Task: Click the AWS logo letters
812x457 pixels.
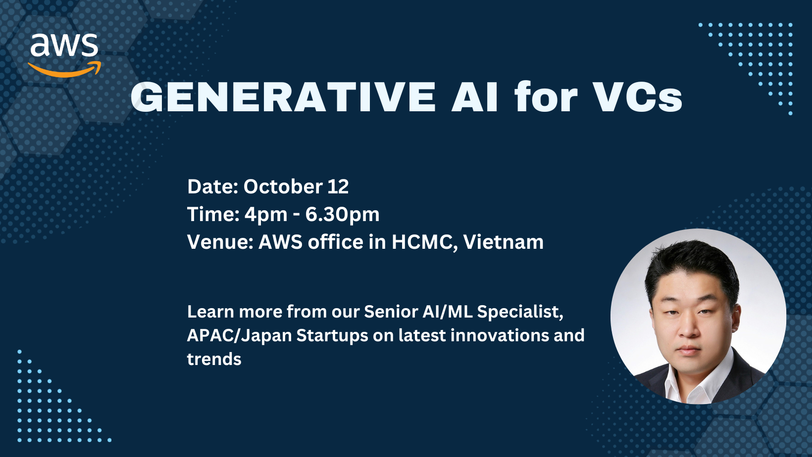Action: click(64, 45)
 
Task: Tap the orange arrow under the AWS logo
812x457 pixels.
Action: click(64, 70)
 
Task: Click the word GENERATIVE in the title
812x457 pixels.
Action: click(283, 97)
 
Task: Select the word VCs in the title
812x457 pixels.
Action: click(638, 97)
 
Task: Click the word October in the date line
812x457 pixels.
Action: click(283, 186)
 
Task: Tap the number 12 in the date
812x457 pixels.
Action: click(338, 187)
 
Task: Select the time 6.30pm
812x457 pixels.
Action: click(342, 214)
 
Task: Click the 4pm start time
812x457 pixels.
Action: click(266, 214)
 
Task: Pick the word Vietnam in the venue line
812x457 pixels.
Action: click(504, 242)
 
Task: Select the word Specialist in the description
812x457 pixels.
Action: click(520, 312)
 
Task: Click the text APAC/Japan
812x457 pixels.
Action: click(240, 336)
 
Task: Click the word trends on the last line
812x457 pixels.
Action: click(214, 359)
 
